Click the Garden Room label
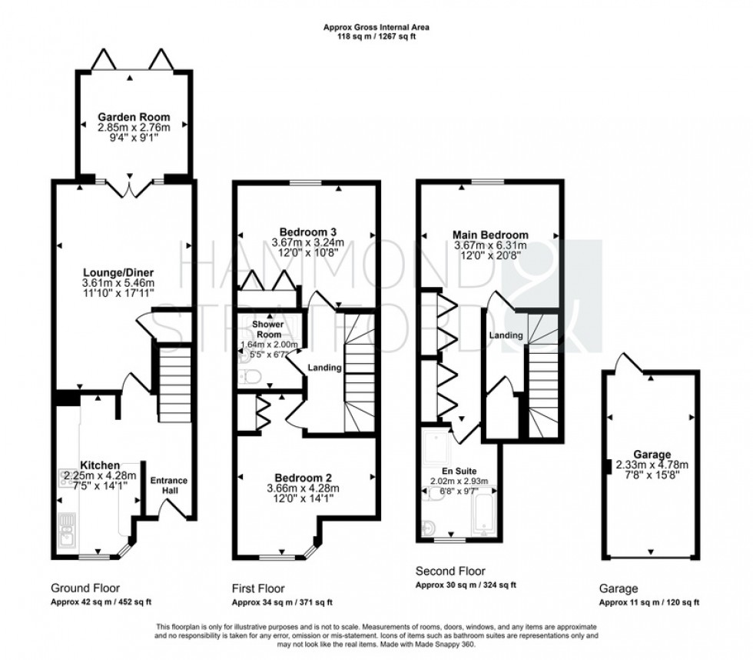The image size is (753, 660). pos(134,118)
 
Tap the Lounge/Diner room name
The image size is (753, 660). pos(119,272)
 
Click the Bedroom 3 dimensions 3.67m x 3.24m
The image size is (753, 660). pos(307,243)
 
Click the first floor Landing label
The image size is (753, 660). pos(324,368)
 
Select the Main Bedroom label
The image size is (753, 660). pos(490,235)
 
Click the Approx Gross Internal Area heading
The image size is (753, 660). pos(376,27)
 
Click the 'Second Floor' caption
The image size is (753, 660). pos(450,572)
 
